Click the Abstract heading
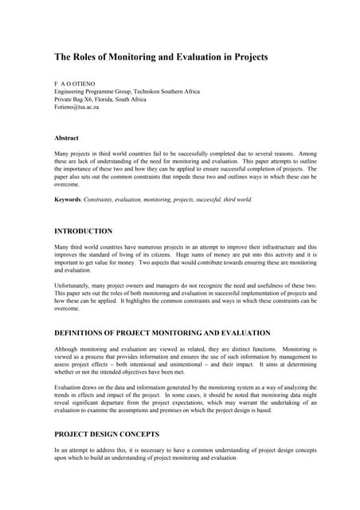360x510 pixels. pos(65,138)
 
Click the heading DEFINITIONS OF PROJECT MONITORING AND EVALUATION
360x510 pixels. pos(162,332)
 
